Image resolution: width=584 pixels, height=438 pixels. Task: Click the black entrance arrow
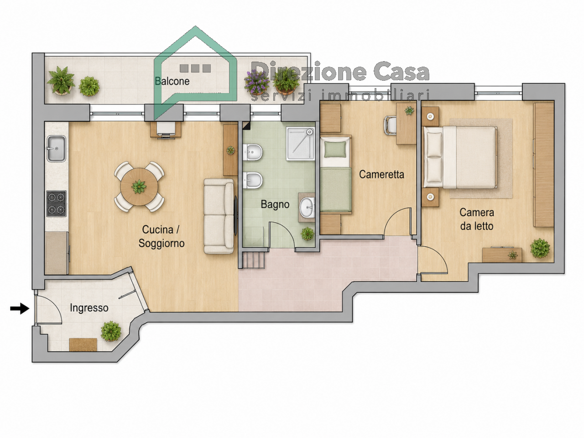pos(20,309)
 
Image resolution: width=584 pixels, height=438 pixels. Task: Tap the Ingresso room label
pos(89,308)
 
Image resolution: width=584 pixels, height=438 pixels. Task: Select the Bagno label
pos(275,204)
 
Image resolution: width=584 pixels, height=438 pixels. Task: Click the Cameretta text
pos(381,174)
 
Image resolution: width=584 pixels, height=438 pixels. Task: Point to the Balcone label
pos(172,81)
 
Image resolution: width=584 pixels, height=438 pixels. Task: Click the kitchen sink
pos(57,148)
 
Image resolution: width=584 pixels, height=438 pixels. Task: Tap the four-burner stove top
pos(57,203)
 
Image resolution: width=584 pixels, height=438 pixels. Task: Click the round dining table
pos(139,187)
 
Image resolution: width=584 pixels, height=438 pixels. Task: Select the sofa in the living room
pos(219,216)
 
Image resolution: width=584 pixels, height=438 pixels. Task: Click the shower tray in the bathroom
pos(300,144)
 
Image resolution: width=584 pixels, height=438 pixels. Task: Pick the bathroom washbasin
pos(308,207)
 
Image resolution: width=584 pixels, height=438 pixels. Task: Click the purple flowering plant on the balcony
pos(257,83)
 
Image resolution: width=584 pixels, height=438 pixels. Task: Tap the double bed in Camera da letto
pos(460,157)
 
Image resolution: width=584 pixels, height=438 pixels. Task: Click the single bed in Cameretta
pos(336,174)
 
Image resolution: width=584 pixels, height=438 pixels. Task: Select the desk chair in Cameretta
pos(390,126)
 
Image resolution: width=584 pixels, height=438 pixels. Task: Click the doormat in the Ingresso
pos(83,344)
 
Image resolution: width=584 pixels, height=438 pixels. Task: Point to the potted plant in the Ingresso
pos(111,331)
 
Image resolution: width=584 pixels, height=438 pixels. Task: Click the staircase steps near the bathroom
pos(254,261)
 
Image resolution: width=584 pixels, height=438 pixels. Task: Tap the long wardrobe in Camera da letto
pos(544,165)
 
